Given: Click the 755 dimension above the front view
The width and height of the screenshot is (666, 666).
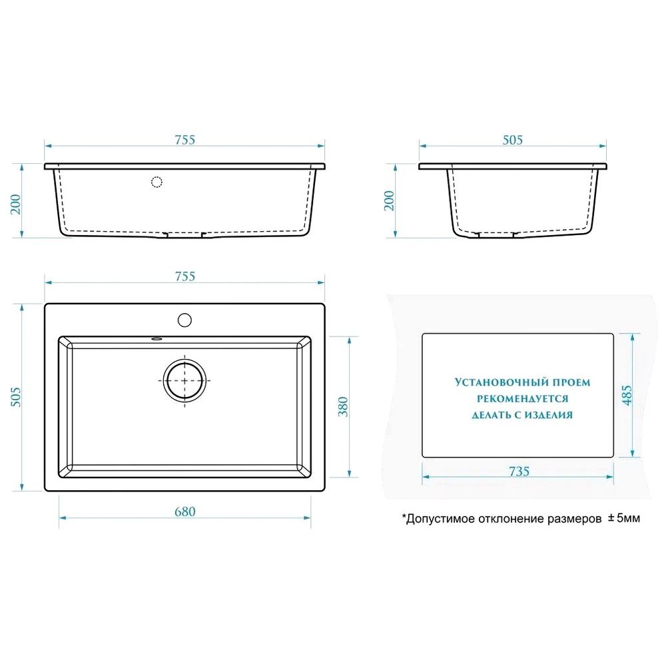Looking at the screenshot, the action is (185, 140).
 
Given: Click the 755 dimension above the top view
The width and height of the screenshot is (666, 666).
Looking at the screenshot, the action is (185, 276).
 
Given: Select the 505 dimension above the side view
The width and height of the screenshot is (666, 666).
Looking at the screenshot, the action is (513, 140).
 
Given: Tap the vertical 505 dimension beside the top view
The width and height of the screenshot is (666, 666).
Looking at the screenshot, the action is (16, 397).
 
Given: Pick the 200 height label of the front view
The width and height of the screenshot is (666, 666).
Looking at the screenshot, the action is (16, 204).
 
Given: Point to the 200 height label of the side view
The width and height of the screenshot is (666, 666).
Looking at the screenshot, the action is (389, 200).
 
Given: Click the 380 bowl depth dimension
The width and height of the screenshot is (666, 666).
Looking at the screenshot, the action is (343, 406).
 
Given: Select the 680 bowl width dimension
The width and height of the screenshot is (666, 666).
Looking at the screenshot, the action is (185, 511).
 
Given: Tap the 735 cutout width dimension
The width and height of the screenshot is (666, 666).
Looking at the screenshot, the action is (519, 472).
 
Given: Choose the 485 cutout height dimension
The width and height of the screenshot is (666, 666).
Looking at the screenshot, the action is (627, 395).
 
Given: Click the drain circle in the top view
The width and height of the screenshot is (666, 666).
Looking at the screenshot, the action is (184, 380).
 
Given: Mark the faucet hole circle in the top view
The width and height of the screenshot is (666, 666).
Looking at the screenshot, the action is (184, 320).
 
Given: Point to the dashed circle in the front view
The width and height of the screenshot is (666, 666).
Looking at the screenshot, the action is (157, 182).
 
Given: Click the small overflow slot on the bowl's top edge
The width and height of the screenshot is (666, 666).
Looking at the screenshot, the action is (157, 338).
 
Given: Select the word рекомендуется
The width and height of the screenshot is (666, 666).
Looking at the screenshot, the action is (522, 399).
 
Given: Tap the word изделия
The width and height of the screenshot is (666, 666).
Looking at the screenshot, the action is (549, 415).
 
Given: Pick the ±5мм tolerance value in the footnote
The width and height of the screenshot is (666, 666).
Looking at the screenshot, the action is (623, 518).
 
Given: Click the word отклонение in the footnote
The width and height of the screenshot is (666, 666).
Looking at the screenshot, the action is (512, 519).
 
